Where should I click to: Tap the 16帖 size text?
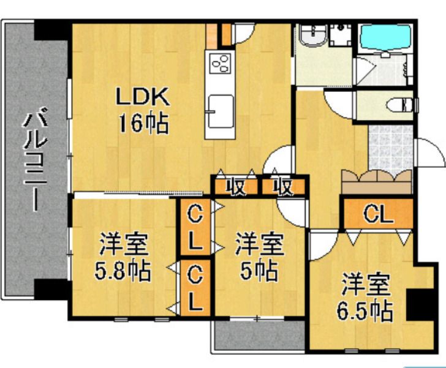click(x=143, y=124)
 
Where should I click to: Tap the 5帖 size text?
click(x=260, y=270)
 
